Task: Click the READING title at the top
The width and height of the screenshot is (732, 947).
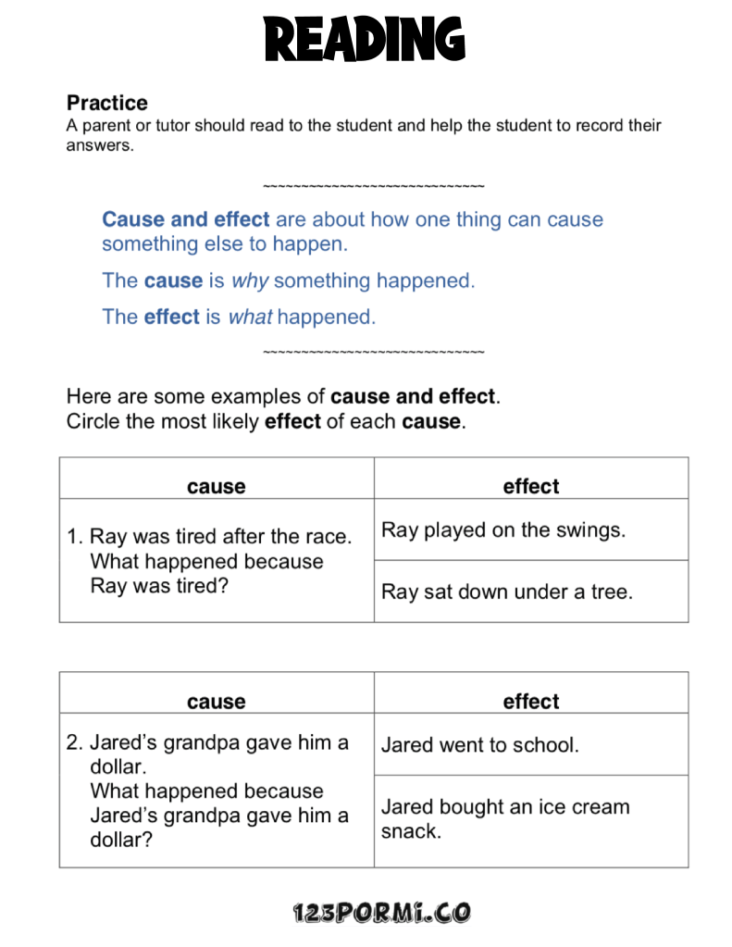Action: coord(365,40)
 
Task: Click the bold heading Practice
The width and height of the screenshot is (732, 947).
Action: coord(107,103)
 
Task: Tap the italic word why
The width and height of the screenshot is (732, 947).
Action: coord(250,280)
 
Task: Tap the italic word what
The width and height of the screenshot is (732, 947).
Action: coord(250,317)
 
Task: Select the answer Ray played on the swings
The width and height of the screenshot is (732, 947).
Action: coord(503,530)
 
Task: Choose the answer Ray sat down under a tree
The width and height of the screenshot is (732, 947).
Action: coord(507,592)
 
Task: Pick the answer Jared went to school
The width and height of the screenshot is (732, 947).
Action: coord(480,745)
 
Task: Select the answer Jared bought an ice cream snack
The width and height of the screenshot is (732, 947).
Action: coord(505,818)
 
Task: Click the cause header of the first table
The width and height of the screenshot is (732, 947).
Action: coord(216,487)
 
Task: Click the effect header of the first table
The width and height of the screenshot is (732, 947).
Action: coord(531,486)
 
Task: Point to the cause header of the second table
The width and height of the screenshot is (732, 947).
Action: coord(216,702)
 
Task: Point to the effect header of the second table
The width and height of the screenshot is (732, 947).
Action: coord(531,702)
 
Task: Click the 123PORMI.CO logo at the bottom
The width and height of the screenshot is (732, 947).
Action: coord(381,914)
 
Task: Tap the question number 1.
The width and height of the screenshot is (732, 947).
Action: coord(75,537)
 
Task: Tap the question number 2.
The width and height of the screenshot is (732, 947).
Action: coord(75,742)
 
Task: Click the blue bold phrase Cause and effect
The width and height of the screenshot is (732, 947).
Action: coord(186,219)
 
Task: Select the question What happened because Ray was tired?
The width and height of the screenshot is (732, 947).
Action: coord(206,574)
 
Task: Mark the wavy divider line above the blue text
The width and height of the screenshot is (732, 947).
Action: coord(373,187)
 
